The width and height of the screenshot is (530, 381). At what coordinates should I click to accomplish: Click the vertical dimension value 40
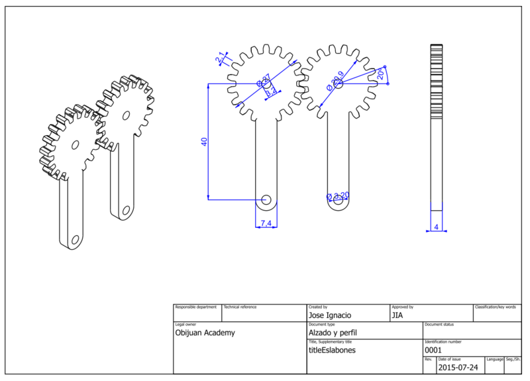[205, 141]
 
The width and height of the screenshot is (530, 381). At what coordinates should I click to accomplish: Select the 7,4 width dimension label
[266, 223]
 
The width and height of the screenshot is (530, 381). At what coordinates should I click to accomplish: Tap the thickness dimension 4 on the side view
[436, 227]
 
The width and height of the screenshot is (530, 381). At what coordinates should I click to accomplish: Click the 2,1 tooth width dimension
[220, 58]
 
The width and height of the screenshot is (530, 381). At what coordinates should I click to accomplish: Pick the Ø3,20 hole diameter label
[339, 195]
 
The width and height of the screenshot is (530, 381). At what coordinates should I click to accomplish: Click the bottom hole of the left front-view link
[266, 198]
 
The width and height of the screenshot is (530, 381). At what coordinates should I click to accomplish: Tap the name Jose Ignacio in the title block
[330, 315]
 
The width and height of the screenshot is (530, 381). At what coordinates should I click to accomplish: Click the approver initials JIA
[398, 315]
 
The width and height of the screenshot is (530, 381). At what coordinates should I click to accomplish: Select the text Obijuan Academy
[205, 333]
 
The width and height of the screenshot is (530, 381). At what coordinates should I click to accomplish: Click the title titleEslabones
[333, 350]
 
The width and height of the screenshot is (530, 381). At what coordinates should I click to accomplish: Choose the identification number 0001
[433, 350]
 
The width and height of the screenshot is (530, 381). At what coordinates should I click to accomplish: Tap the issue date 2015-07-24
[457, 366]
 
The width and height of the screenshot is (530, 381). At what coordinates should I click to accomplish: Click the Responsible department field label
[195, 307]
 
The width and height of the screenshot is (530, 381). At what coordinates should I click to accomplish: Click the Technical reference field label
[240, 307]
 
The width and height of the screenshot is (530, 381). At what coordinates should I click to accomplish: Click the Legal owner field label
[185, 325]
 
